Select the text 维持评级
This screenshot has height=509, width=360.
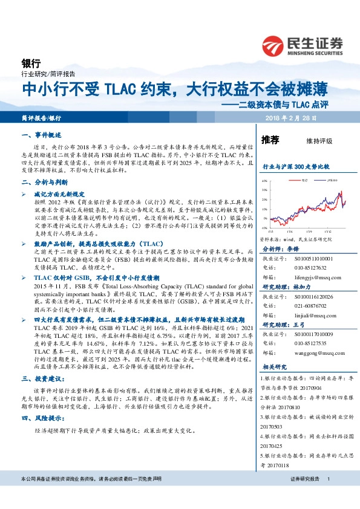click(319, 141)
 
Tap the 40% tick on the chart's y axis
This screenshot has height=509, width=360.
click(264, 181)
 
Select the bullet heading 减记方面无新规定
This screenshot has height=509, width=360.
click(66, 194)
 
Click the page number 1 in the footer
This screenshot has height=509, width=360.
click(328, 479)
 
